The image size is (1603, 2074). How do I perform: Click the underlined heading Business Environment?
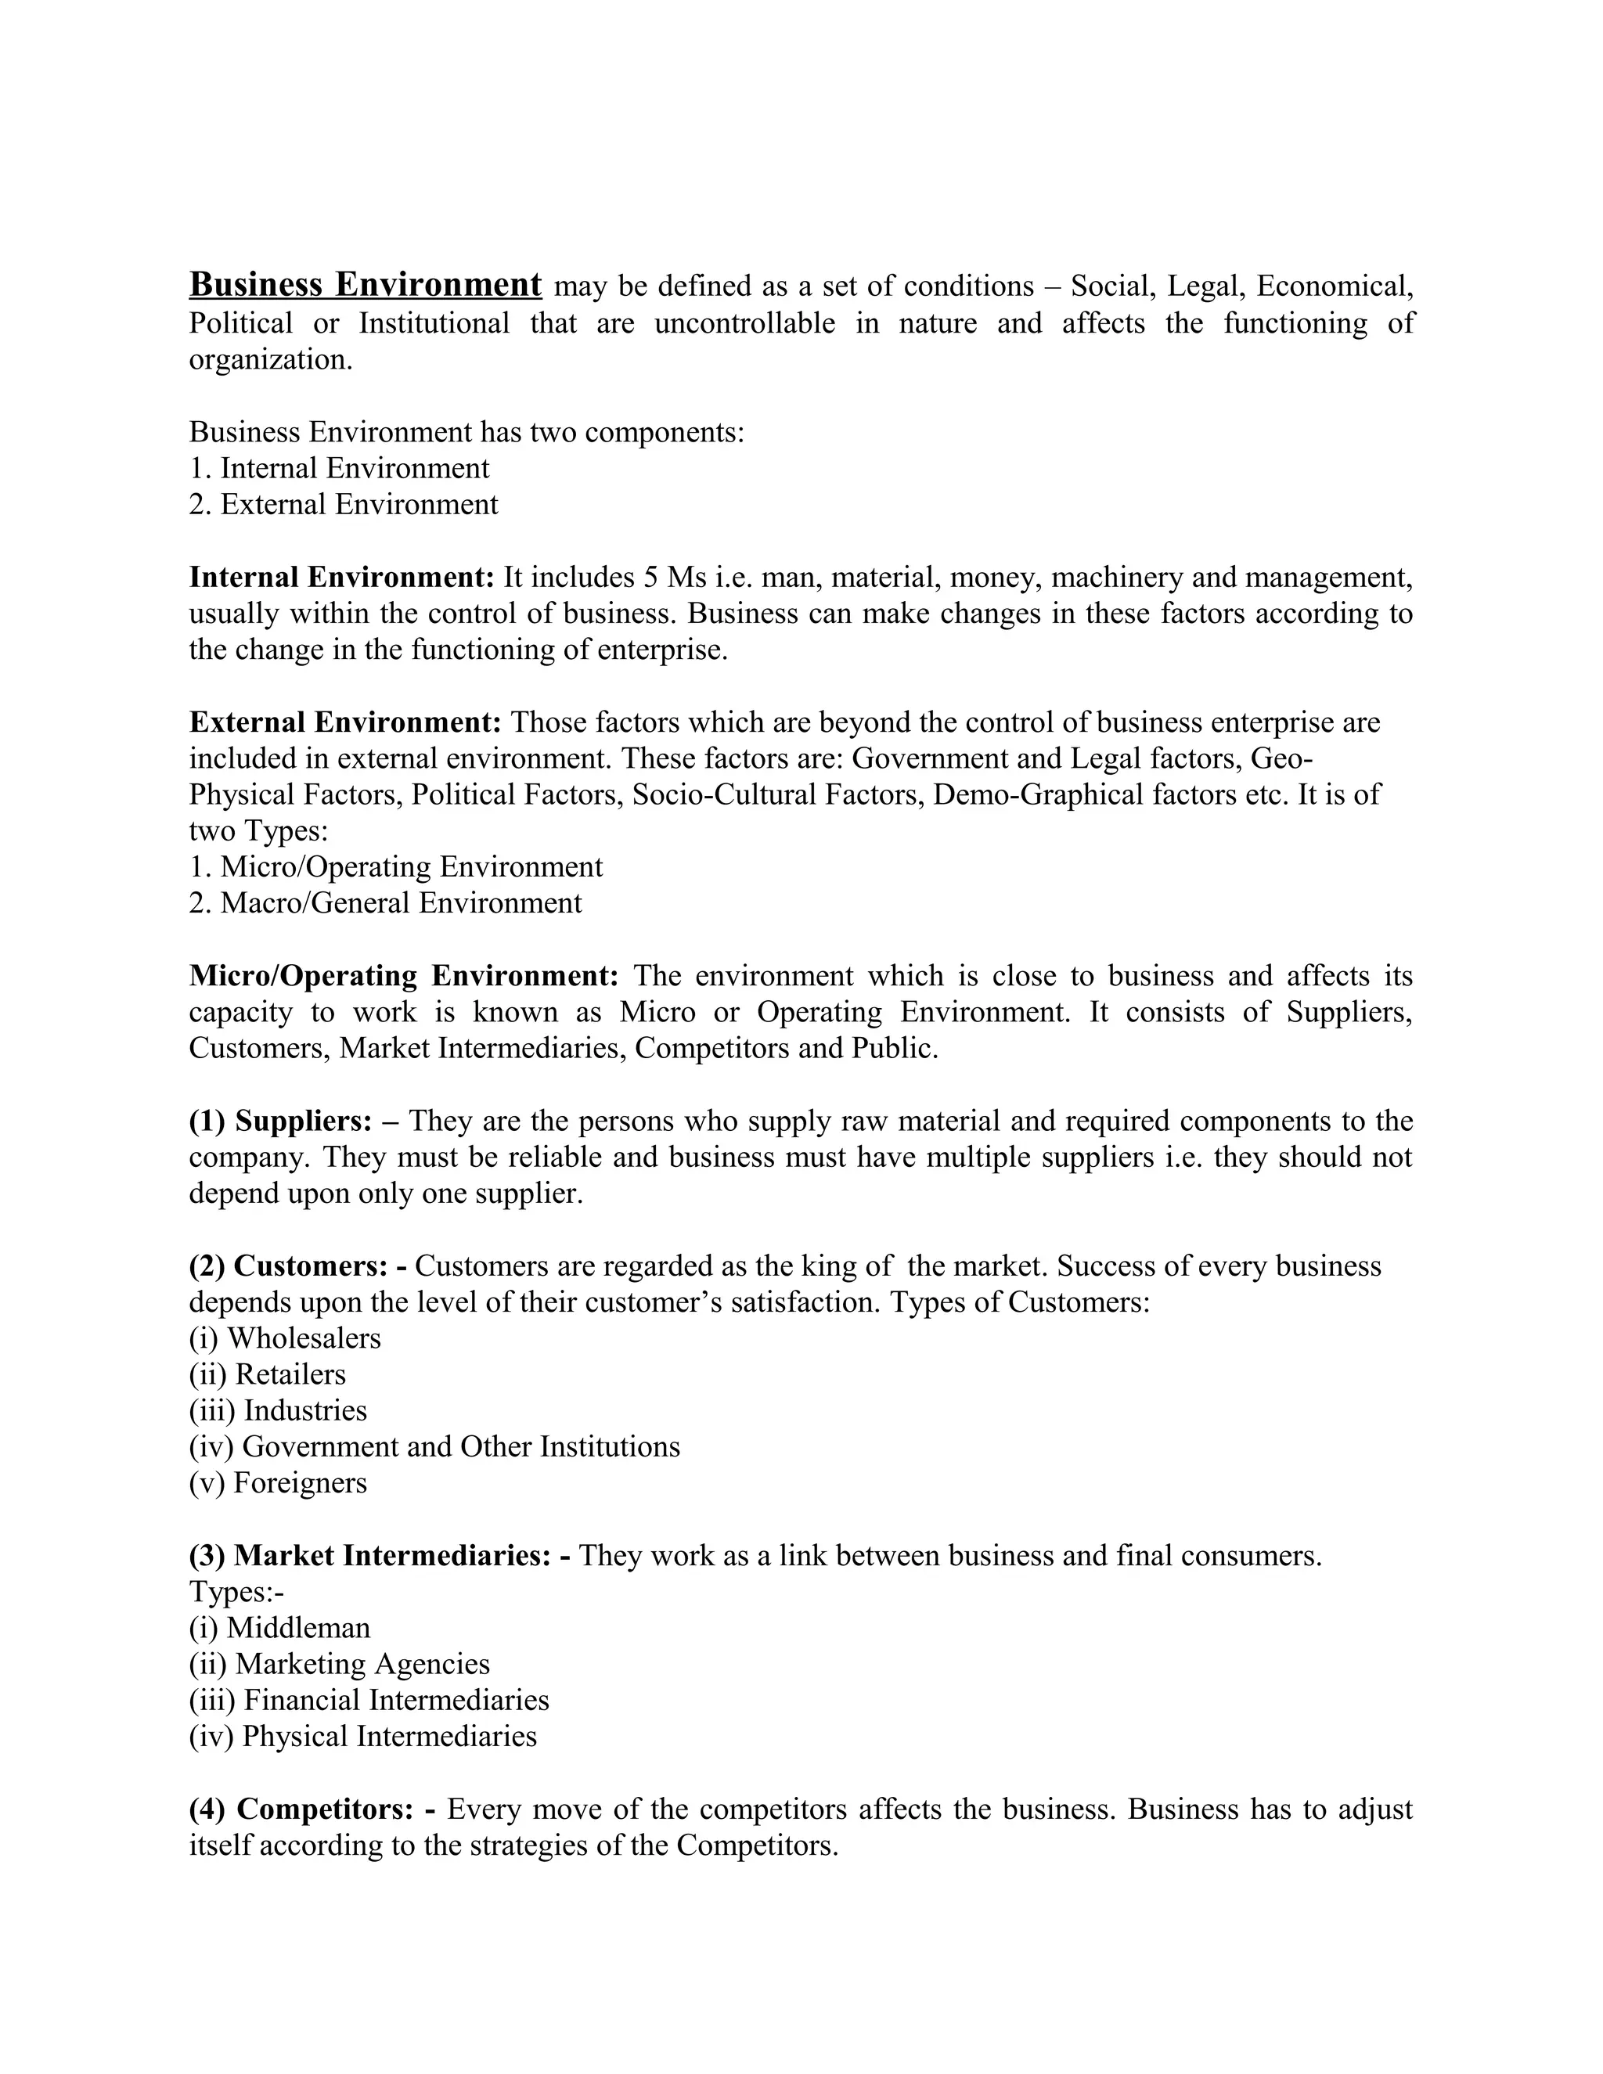pos(365,285)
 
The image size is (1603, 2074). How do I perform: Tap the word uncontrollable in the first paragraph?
pos(744,324)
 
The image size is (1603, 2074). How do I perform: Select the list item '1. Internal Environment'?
pos(339,468)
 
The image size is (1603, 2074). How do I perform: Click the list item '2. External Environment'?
pos(343,504)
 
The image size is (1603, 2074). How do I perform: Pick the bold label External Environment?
pos(344,722)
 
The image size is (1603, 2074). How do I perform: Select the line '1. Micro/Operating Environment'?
pos(395,867)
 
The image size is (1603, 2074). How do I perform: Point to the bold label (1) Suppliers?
pos(281,1122)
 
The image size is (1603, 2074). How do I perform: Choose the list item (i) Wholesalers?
pos(285,1339)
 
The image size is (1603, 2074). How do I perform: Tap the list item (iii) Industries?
pos(277,1411)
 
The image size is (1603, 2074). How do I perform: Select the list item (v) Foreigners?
pos(277,1483)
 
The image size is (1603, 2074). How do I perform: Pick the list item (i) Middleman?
pos(279,1629)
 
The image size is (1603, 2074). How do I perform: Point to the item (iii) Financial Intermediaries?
pos(369,1701)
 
